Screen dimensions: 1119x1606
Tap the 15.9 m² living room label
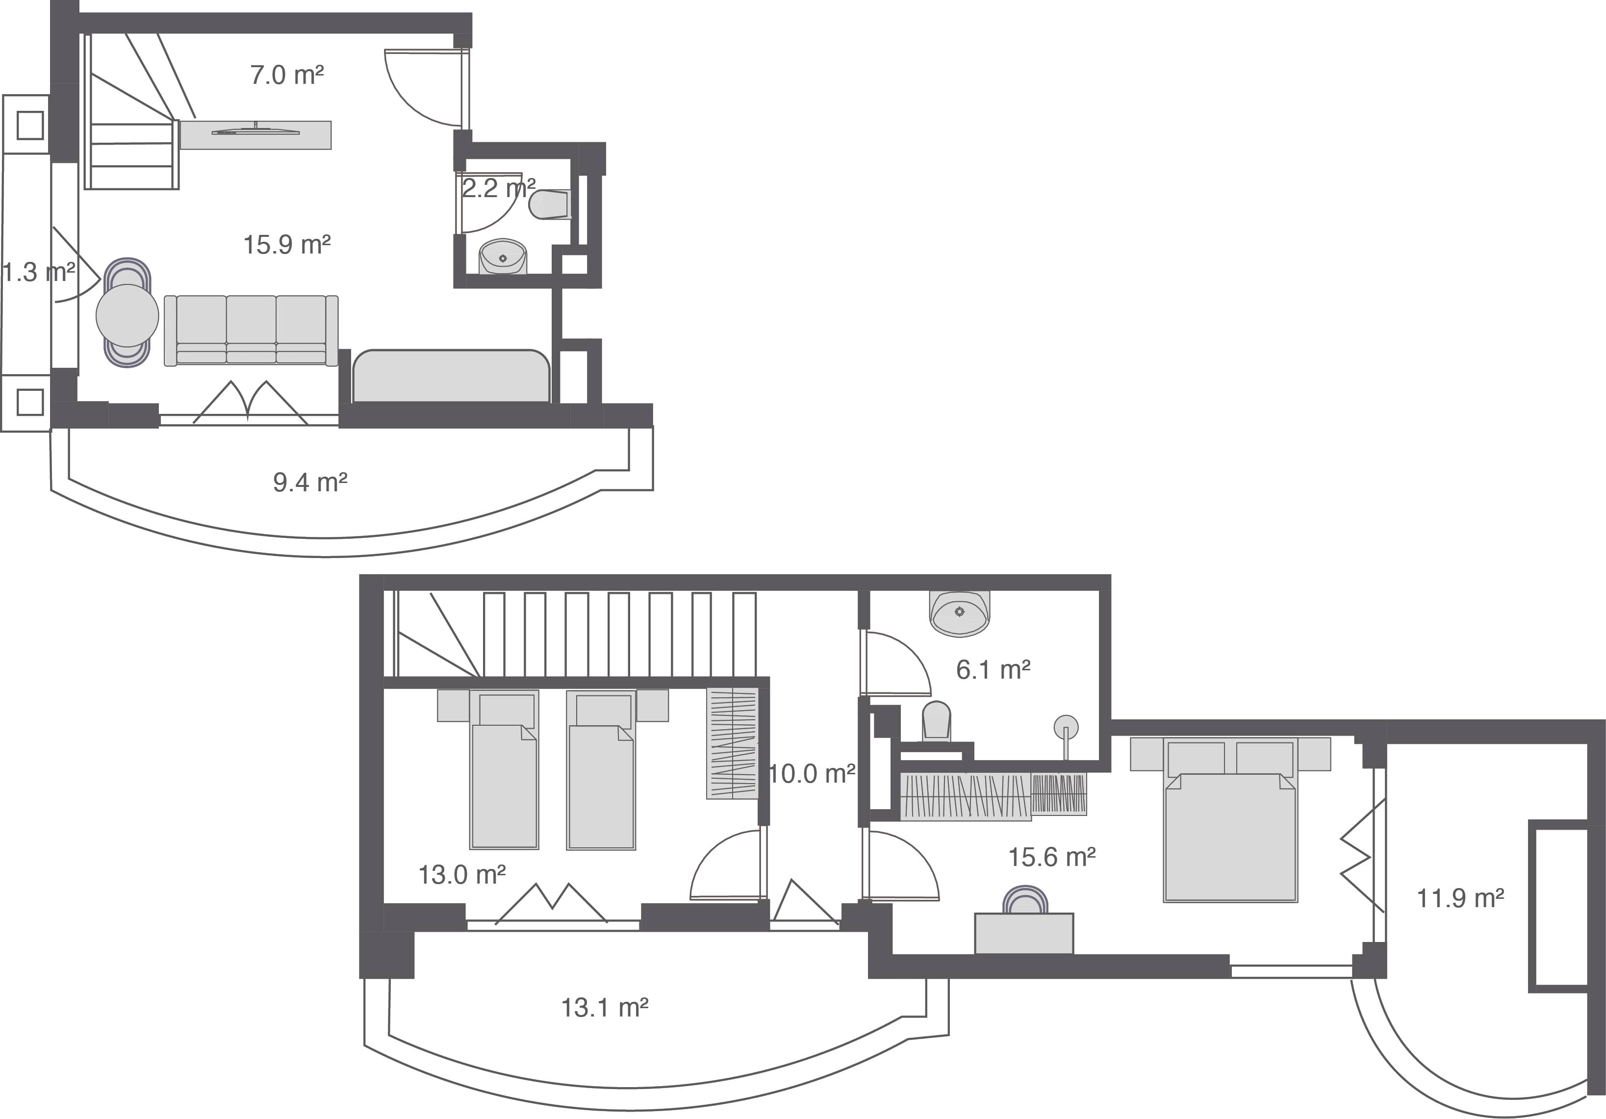point(287,245)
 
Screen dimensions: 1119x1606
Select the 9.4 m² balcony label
point(310,483)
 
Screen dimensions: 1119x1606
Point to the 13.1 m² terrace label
point(604,1008)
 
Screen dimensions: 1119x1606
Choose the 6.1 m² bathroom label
point(993,670)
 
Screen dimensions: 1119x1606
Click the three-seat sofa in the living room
point(251,330)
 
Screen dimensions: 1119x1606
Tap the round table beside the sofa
point(127,315)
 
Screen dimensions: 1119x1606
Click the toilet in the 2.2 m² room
point(551,204)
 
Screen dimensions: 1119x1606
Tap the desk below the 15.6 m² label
point(1024,934)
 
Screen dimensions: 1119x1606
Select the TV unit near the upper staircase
point(255,135)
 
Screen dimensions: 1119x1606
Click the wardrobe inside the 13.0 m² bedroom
point(732,743)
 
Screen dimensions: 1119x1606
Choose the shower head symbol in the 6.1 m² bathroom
point(1065,727)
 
